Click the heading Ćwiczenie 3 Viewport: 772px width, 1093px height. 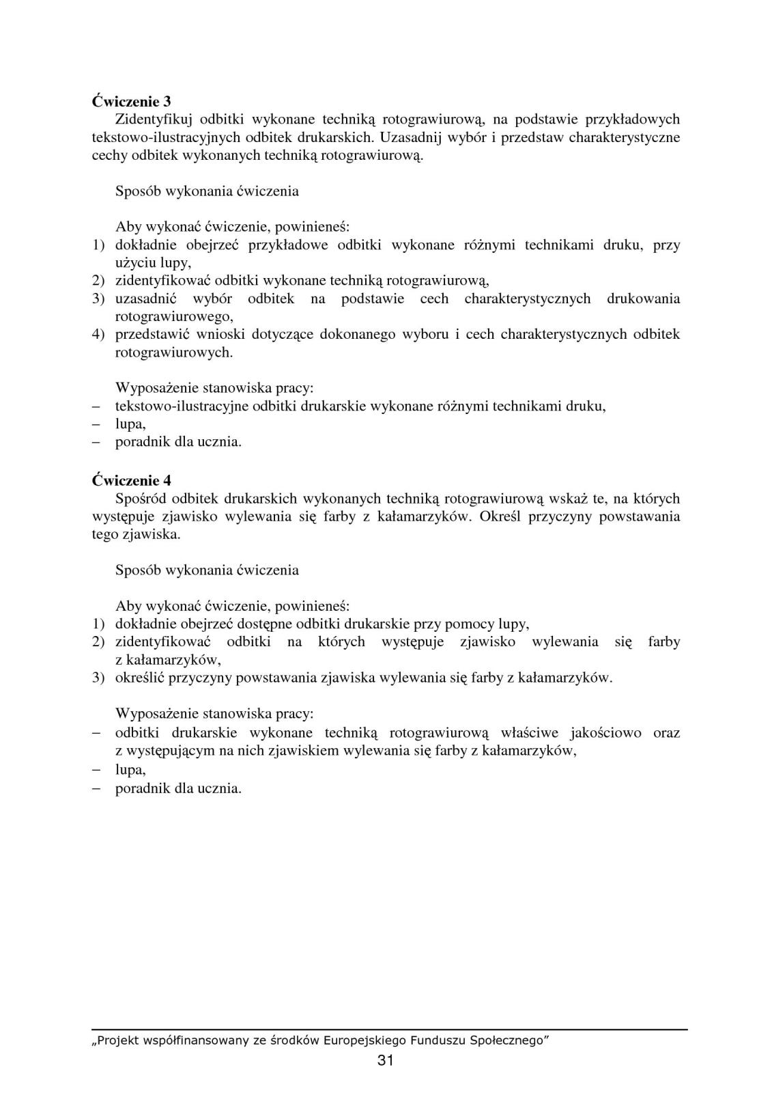[131, 101]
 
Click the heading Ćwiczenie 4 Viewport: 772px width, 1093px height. [131, 480]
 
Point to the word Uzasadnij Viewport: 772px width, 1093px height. [410, 137]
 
